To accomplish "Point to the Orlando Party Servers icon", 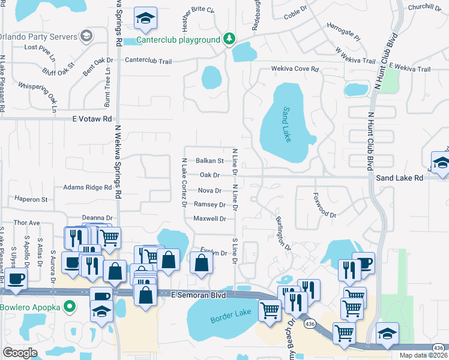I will click(x=86, y=35).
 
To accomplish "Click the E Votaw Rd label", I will click(x=92, y=119).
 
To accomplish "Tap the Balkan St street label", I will click(x=209, y=161).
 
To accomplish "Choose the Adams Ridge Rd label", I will click(x=88, y=188).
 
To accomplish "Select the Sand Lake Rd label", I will click(x=396, y=178).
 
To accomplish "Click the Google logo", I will click(x=20, y=352).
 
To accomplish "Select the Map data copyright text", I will click(x=424, y=356).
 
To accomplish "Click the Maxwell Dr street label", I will click(x=209, y=219).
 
